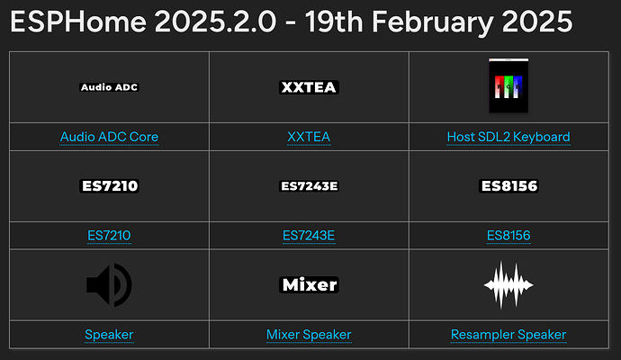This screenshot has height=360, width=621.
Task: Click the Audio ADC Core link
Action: click(x=109, y=137)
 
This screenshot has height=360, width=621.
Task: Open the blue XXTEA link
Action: click(x=309, y=137)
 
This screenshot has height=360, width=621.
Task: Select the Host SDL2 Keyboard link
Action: click(x=508, y=137)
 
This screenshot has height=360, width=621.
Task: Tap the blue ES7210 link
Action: click(x=109, y=235)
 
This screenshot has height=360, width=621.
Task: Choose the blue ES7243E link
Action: click(x=309, y=235)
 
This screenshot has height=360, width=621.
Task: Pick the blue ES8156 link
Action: click(x=508, y=235)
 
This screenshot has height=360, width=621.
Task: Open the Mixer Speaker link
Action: click(x=309, y=334)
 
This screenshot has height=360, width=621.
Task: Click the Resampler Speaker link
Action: click(x=508, y=334)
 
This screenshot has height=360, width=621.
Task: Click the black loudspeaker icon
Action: click(x=109, y=284)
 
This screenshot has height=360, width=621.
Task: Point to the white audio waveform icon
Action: click(x=508, y=284)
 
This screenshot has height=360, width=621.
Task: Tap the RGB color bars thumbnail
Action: click(x=508, y=85)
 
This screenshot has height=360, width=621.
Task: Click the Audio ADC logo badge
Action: click(x=109, y=87)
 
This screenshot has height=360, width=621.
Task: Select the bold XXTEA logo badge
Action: click(x=309, y=87)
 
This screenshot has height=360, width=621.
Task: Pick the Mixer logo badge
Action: click(x=309, y=284)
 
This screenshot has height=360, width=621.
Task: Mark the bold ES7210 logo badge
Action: click(x=109, y=185)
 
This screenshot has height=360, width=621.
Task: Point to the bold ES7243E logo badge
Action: click(x=309, y=185)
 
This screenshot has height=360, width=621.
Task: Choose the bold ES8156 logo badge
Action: click(x=508, y=185)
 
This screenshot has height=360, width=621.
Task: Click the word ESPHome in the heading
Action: click(x=78, y=22)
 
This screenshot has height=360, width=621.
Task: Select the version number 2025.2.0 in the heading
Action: click(x=215, y=22)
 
